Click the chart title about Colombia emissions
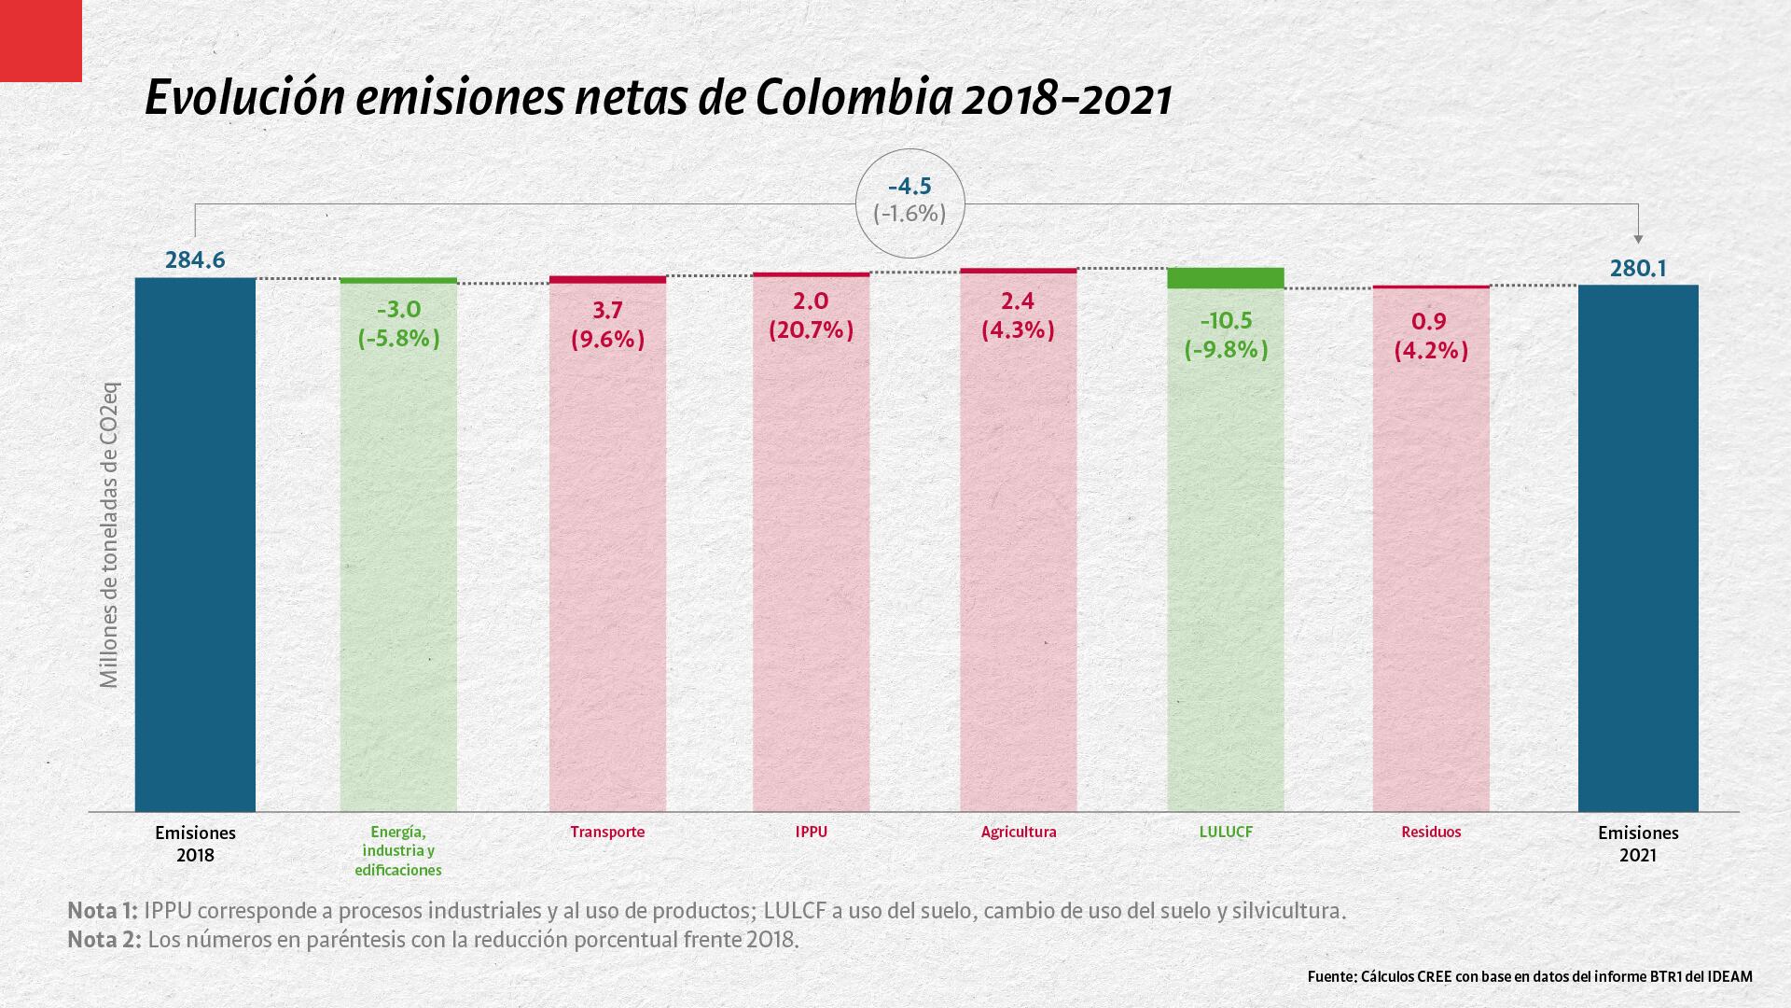pyautogui.click(x=658, y=99)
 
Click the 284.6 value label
pyautogui.click(x=195, y=259)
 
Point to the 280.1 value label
pyautogui.click(x=1638, y=269)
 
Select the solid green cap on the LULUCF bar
pyautogui.click(x=1226, y=278)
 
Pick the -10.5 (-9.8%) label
pyautogui.click(x=1226, y=335)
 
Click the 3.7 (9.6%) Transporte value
pyautogui.click(x=607, y=324)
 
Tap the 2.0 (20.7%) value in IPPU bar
pyautogui.click(x=811, y=315)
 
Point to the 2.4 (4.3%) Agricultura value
pyautogui.click(x=1018, y=315)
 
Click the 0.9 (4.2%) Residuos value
pyautogui.click(x=1430, y=335)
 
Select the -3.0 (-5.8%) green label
pyautogui.click(x=398, y=324)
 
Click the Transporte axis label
pyautogui.click(x=607, y=832)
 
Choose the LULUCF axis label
pyautogui.click(x=1226, y=832)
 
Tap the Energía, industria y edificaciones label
pyautogui.click(x=398, y=850)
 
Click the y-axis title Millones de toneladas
pyautogui.click(x=110, y=535)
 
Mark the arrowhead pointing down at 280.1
pyautogui.click(x=1638, y=240)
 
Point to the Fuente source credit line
pyautogui.click(x=1530, y=977)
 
